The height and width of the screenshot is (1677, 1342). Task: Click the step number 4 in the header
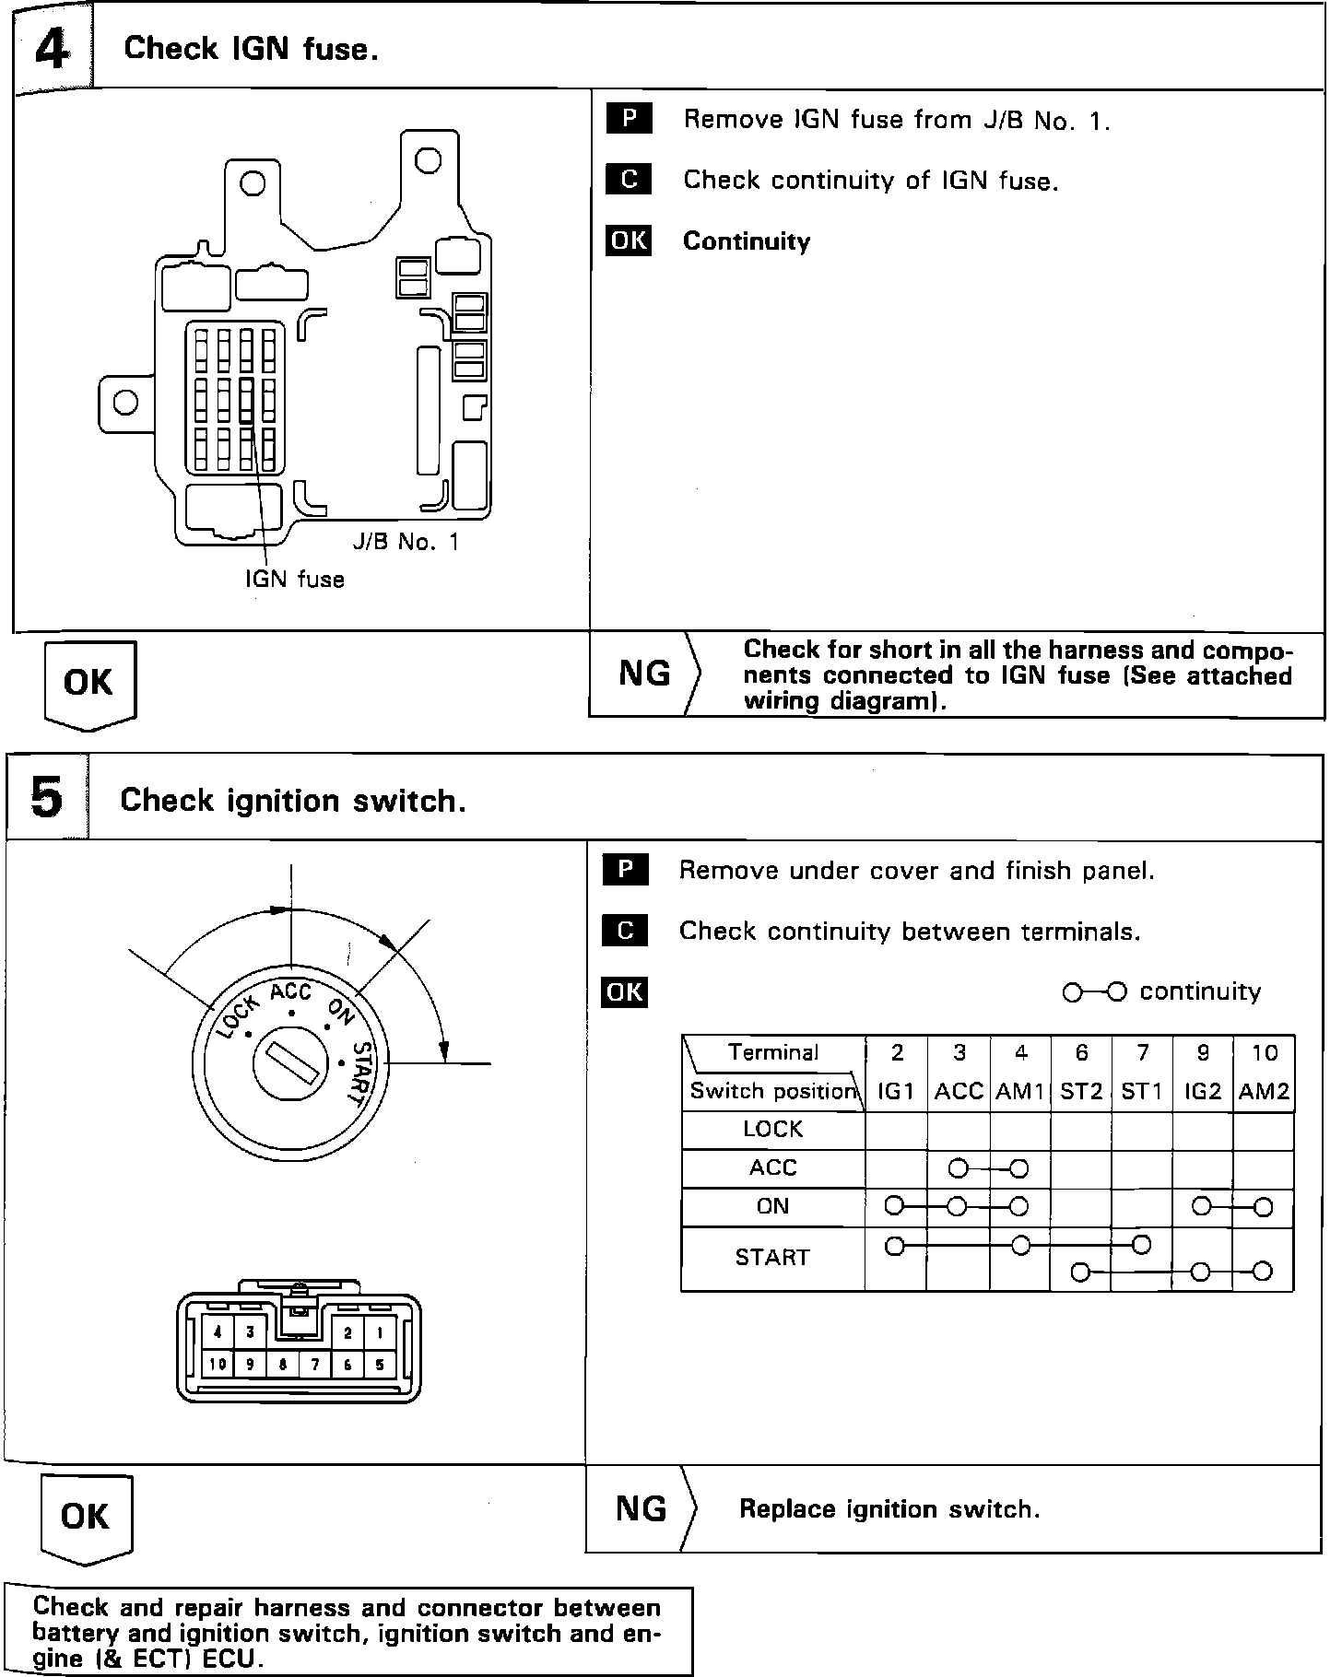(52, 49)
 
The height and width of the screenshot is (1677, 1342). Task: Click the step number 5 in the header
(48, 797)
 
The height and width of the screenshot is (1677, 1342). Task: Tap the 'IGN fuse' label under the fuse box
(294, 580)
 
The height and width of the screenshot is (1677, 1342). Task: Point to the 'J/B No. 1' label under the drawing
(406, 542)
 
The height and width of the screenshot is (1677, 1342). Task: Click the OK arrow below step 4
(89, 684)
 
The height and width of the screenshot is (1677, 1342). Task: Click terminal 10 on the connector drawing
(218, 1365)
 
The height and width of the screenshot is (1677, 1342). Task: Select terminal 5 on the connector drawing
(379, 1365)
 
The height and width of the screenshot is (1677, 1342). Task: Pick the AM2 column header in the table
(1264, 1092)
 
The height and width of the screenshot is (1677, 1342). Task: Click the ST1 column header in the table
(1141, 1092)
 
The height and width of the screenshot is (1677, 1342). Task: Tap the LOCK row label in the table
(772, 1129)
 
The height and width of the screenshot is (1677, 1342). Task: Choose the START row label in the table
(772, 1258)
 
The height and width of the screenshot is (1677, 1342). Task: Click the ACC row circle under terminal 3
(958, 1169)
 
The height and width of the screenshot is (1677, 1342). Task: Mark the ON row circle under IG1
(893, 1205)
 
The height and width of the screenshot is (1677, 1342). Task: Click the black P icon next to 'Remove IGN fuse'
(629, 119)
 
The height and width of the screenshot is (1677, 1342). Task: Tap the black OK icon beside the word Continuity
(629, 240)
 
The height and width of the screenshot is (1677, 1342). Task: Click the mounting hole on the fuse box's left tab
(125, 403)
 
